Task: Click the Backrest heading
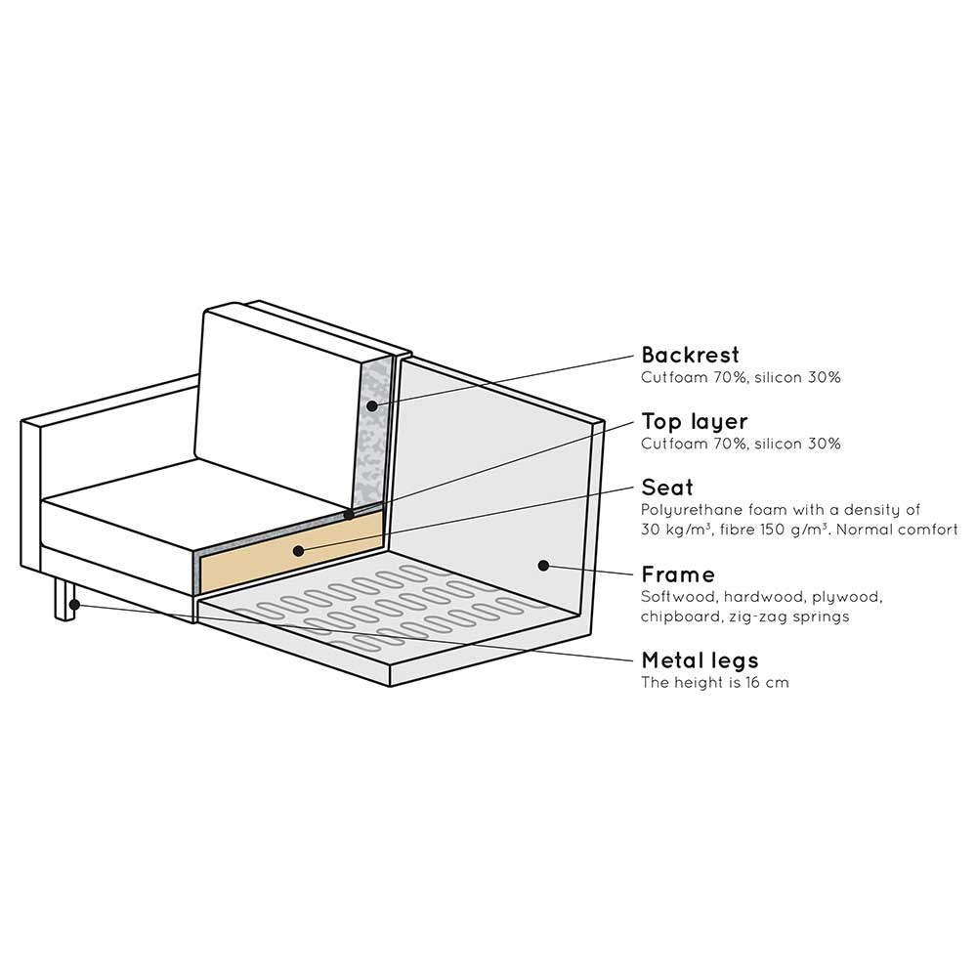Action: [690, 355]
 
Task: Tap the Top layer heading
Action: [694, 422]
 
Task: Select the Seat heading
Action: [666, 488]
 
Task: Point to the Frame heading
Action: [678, 573]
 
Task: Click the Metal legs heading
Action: [700, 660]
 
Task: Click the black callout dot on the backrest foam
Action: [372, 406]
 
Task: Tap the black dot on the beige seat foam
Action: [298, 551]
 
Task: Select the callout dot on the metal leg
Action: [74, 605]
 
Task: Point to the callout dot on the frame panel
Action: [543, 566]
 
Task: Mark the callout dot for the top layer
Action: [349, 515]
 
